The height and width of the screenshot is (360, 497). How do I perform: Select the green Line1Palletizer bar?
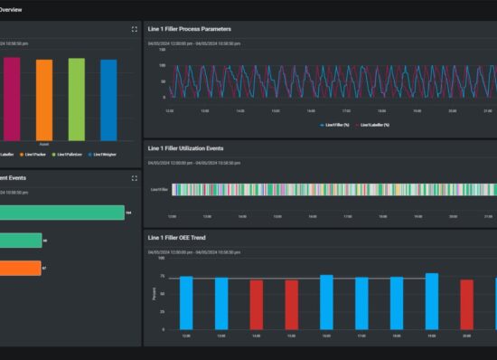click(77, 99)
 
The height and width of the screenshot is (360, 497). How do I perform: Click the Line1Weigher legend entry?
click(101, 155)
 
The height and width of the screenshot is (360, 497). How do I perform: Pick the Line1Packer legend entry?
click(36, 155)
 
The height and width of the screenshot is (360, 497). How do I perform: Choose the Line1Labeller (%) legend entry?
click(372, 125)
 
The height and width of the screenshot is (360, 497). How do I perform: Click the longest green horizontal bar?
click(61, 213)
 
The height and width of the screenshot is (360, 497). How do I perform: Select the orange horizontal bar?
click(20, 268)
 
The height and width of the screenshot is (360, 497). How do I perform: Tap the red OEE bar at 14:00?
click(257, 305)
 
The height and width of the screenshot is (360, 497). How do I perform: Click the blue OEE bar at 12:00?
click(186, 303)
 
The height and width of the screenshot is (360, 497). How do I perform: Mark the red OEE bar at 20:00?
click(467, 305)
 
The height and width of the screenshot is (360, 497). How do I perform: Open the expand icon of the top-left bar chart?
click(135, 29)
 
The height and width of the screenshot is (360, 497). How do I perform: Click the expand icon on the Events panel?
click(135, 178)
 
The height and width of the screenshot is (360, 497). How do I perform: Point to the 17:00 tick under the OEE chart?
click(361, 336)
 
